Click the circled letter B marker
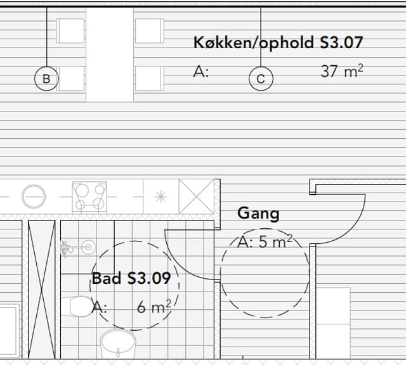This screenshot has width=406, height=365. [46, 79]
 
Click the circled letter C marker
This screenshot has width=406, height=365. [261, 79]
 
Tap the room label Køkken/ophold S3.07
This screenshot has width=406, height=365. [278, 43]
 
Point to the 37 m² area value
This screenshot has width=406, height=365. [342, 71]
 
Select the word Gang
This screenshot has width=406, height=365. [258, 214]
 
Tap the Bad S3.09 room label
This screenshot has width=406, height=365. [131, 278]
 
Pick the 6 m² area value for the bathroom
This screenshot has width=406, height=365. [154, 307]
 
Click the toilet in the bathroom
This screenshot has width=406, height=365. [77, 307]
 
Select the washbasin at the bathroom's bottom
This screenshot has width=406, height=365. [118, 343]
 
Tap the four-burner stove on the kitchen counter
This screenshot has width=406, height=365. [89, 197]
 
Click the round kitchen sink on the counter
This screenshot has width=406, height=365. [34, 196]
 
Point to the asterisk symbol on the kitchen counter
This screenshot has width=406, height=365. [160, 197]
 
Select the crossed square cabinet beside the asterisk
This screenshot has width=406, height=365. [197, 196]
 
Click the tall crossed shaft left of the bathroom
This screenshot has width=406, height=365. [41, 290]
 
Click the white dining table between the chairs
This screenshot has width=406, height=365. [110, 55]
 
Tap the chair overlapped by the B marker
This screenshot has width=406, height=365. [70, 79]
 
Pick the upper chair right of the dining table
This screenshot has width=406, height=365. [150, 31]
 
